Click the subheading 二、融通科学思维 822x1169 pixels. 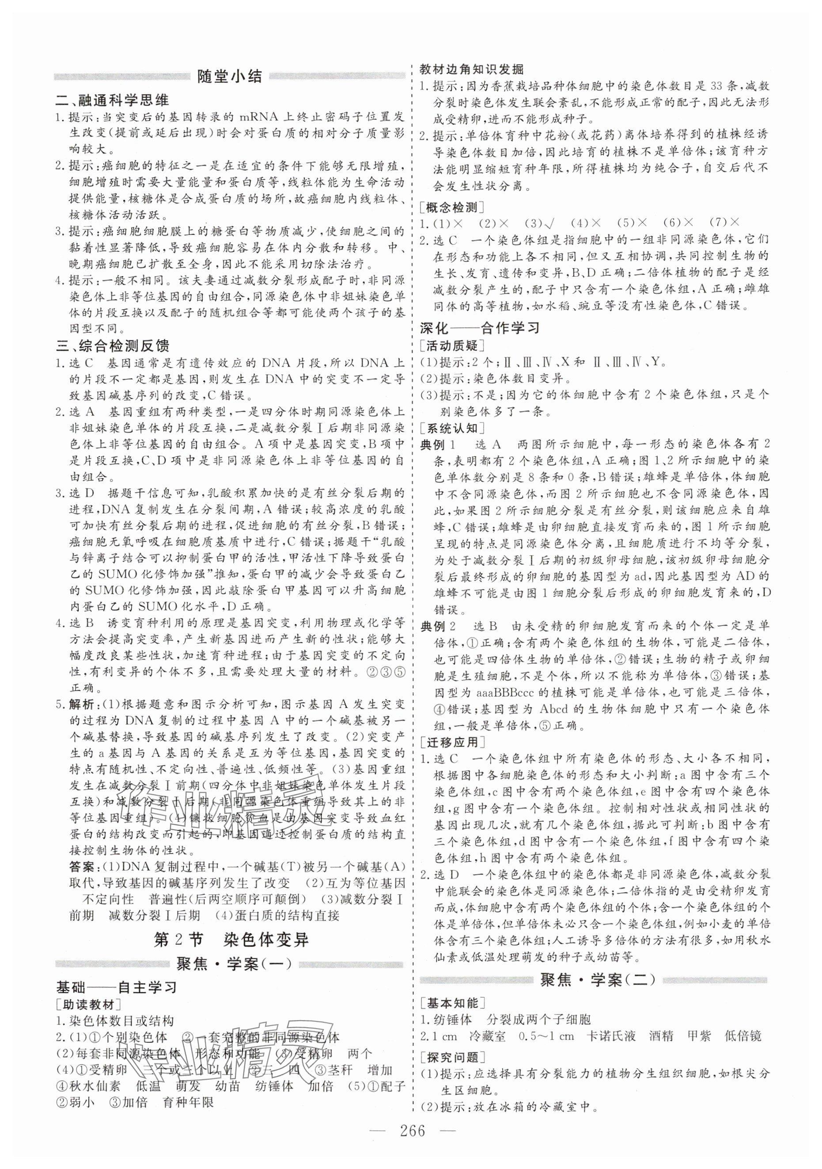tap(113, 101)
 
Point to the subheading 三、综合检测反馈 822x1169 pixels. tap(113, 346)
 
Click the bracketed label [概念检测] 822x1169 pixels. tap(451, 207)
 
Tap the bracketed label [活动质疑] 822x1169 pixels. tap(451, 345)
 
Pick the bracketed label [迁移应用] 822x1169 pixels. tap(451, 742)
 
